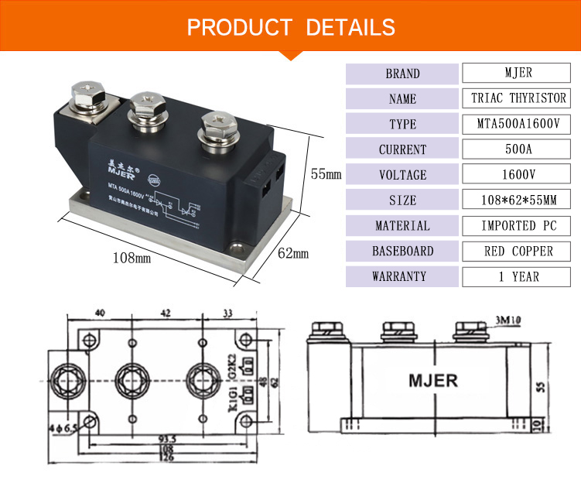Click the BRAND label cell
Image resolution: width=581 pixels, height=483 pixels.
tap(402, 74)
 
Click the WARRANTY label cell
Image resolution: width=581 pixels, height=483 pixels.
tap(402, 276)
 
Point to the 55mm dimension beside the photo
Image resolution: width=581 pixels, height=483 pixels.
tap(326, 174)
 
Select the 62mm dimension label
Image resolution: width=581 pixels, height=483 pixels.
tap(293, 253)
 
